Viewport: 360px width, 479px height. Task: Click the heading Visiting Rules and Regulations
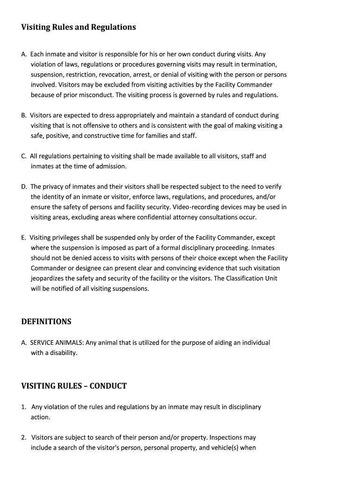pyautogui.click(x=79, y=27)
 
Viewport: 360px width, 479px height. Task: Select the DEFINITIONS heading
pyautogui.click(x=46, y=322)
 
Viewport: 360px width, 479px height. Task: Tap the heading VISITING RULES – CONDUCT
pyautogui.click(x=74, y=386)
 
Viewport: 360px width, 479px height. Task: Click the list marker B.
pyautogui.click(x=23, y=115)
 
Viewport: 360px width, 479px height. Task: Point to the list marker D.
pyautogui.click(x=24, y=187)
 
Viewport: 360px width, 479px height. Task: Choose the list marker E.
pyautogui.click(x=23, y=238)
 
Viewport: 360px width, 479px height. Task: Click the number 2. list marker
pyautogui.click(x=24, y=437)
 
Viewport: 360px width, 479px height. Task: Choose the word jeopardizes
pyautogui.click(x=49, y=278)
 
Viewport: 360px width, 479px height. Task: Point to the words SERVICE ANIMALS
pyautogui.click(x=57, y=342)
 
